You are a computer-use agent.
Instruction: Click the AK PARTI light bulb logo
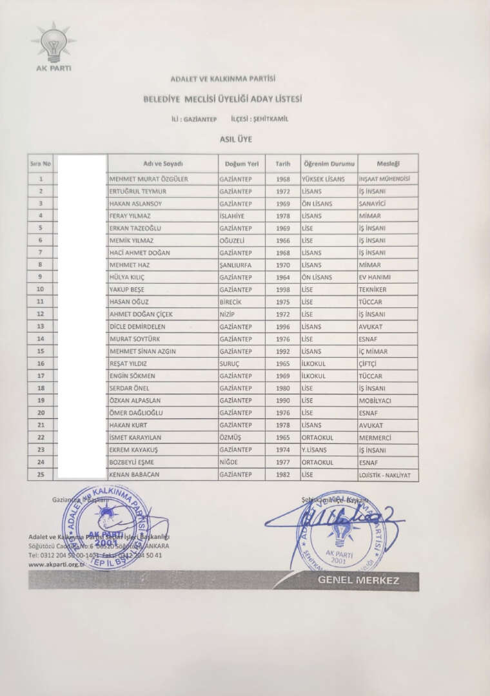tap(53, 44)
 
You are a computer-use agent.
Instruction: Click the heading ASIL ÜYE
tap(235, 139)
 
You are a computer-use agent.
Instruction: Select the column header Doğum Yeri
tap(242, 164)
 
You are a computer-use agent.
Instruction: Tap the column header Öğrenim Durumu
tap(329, 164)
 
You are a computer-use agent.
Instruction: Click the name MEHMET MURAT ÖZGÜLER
tap(149, 179)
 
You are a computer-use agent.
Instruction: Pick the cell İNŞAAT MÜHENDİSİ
tap(385, 179)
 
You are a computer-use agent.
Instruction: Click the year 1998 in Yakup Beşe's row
tap(283, 290)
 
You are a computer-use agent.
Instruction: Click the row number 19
tap(41, 401)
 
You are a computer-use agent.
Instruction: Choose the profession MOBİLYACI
tap(375, 401)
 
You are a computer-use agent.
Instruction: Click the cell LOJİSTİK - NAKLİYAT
tap(385, 475)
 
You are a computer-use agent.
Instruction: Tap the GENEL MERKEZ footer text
tap(358, 581)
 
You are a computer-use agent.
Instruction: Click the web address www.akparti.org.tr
tap(57, 565)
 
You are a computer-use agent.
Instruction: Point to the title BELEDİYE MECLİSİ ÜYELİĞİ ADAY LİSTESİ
tap(223, 99)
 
